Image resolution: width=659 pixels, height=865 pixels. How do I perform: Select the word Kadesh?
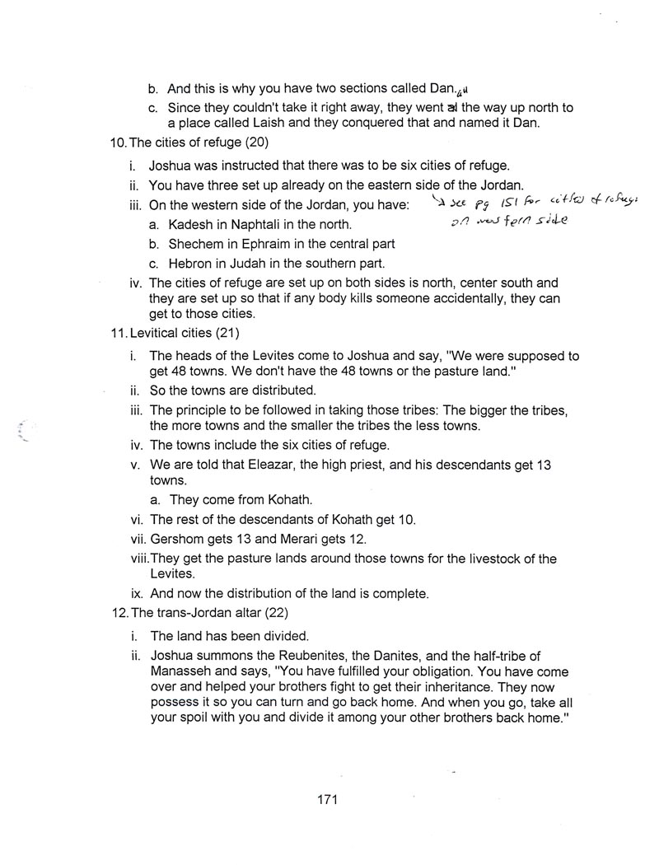click(x=190, y=225)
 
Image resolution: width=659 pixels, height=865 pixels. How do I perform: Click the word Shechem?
click(x=195, y=244)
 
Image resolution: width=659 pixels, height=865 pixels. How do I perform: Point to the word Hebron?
click(x=189, y=264)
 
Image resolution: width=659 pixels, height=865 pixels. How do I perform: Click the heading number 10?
click(x=118, y=142)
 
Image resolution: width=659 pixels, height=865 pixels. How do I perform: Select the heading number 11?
click(x=117, y=338)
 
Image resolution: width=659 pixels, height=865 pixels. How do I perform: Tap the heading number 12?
click(x=118, y=614)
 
